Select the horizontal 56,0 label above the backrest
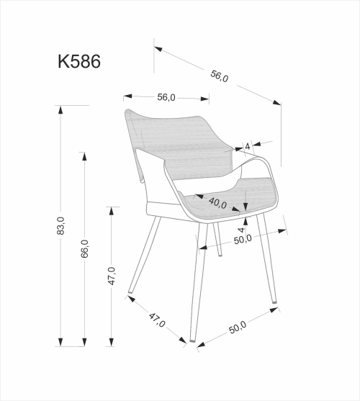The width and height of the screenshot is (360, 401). (166, 97)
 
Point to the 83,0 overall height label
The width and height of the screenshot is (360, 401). (60, 225)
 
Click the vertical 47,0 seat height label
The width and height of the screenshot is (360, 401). (112, 276)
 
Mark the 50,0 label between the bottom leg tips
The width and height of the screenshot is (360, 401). (238, 326)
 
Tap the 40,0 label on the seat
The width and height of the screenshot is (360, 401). (218, 203)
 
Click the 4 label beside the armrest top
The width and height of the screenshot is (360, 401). (247, 146)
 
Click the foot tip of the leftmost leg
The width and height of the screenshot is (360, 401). (129, 295)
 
